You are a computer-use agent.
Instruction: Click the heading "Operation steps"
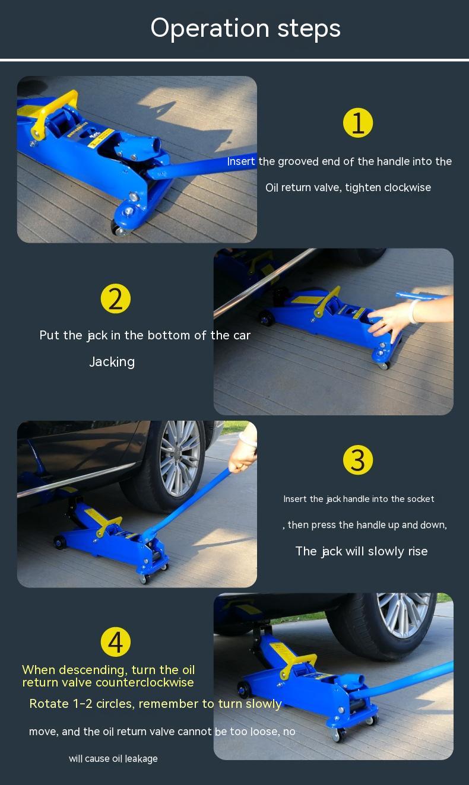click(245, 28)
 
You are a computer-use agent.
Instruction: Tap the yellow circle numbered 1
click(358, 123)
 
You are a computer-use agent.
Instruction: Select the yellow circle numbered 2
click(116, 298)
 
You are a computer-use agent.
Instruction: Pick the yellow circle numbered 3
click(358, 460)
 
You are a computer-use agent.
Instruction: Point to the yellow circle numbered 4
click(116, 642)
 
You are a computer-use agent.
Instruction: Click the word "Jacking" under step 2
click(112, 362)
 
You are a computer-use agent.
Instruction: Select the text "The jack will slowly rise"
click(362, 551)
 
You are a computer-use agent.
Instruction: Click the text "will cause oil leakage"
click(113, 759)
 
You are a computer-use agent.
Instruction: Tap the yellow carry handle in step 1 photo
click(53, 112)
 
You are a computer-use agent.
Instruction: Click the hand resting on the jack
click(389, 320)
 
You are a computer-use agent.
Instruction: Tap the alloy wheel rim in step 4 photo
click(404, 614)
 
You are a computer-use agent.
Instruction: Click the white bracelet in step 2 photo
click(414, 311)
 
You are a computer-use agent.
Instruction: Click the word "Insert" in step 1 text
click(241, 161)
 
